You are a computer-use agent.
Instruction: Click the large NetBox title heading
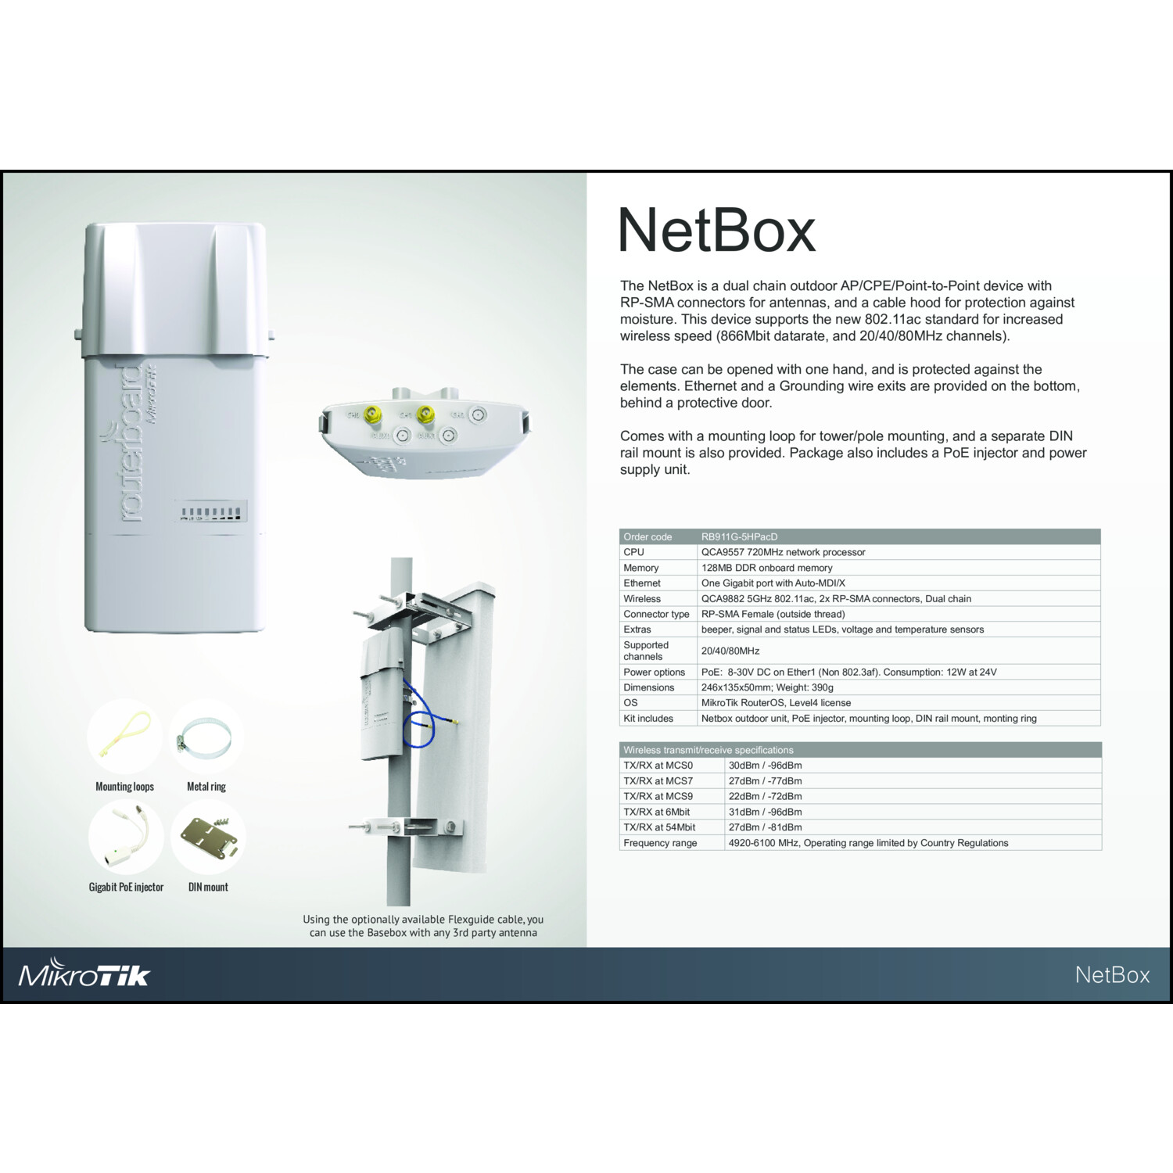[x=716, y=230]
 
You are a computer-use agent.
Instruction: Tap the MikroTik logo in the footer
[x=84, y=974]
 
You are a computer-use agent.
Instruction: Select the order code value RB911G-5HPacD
[x=739, y=536]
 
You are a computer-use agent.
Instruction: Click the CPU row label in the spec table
[x=633, y=552]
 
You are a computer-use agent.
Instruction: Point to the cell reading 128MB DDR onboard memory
[x=766, y=568]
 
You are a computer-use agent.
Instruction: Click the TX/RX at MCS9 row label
[x=658, y=796]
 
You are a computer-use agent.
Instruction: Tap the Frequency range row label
[x=660, y=843]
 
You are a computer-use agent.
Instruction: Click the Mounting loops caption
[x=124, y=787]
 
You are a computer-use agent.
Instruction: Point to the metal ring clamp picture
[x=205, y=737]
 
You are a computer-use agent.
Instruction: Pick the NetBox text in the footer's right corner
[x=1112, y=974]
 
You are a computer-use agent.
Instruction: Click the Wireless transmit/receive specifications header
[x=708, y=750]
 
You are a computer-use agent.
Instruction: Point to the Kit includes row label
[x=647, y=718]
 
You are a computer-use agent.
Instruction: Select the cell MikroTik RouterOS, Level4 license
[x=776, y=703]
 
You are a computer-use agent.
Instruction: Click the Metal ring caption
[x=206, y=787]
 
